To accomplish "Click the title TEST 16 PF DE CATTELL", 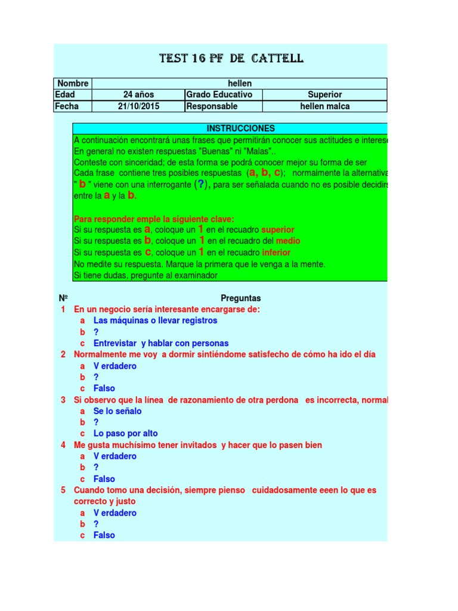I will pos(231,58).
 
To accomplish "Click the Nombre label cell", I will pos(73,84).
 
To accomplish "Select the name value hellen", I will pos(239,84).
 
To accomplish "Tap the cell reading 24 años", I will pos(138,95).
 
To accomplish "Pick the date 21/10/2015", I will pos(138,106).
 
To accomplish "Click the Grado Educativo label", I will pos(219,95).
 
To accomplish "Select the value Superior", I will pos(324,95).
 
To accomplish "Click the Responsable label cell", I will pos(212,106).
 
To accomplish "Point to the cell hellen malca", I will pos(324,106).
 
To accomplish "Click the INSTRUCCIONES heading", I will pos(240,128).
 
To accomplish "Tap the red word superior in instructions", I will pos(278,230).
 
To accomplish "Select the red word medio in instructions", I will pos(288,241).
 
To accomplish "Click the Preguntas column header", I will pos(240,298).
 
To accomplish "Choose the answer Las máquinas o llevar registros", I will pos(155,320).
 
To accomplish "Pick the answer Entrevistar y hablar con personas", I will pos(161,343).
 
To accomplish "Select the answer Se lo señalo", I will pos(117,411).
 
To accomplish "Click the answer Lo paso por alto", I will pos(125,434).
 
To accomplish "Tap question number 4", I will pos(63,445).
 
